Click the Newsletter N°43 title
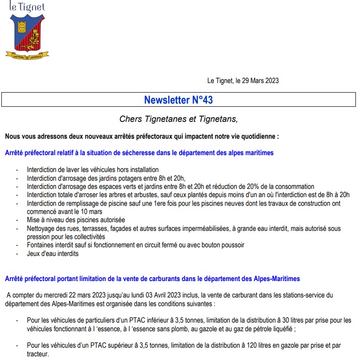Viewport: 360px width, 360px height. tap(178, 99)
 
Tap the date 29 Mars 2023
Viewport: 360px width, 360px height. tap(257, 81)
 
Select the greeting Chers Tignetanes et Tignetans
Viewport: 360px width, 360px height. tap(179, 119)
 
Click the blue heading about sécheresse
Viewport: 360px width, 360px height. tap(139, 153)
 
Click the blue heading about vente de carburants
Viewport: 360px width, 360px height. tap(152, 278)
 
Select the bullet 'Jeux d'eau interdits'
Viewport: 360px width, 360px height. tap(53, 253)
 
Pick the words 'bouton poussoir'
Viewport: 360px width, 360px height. tap(224, 245)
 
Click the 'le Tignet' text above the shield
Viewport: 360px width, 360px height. tap(27, 7)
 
